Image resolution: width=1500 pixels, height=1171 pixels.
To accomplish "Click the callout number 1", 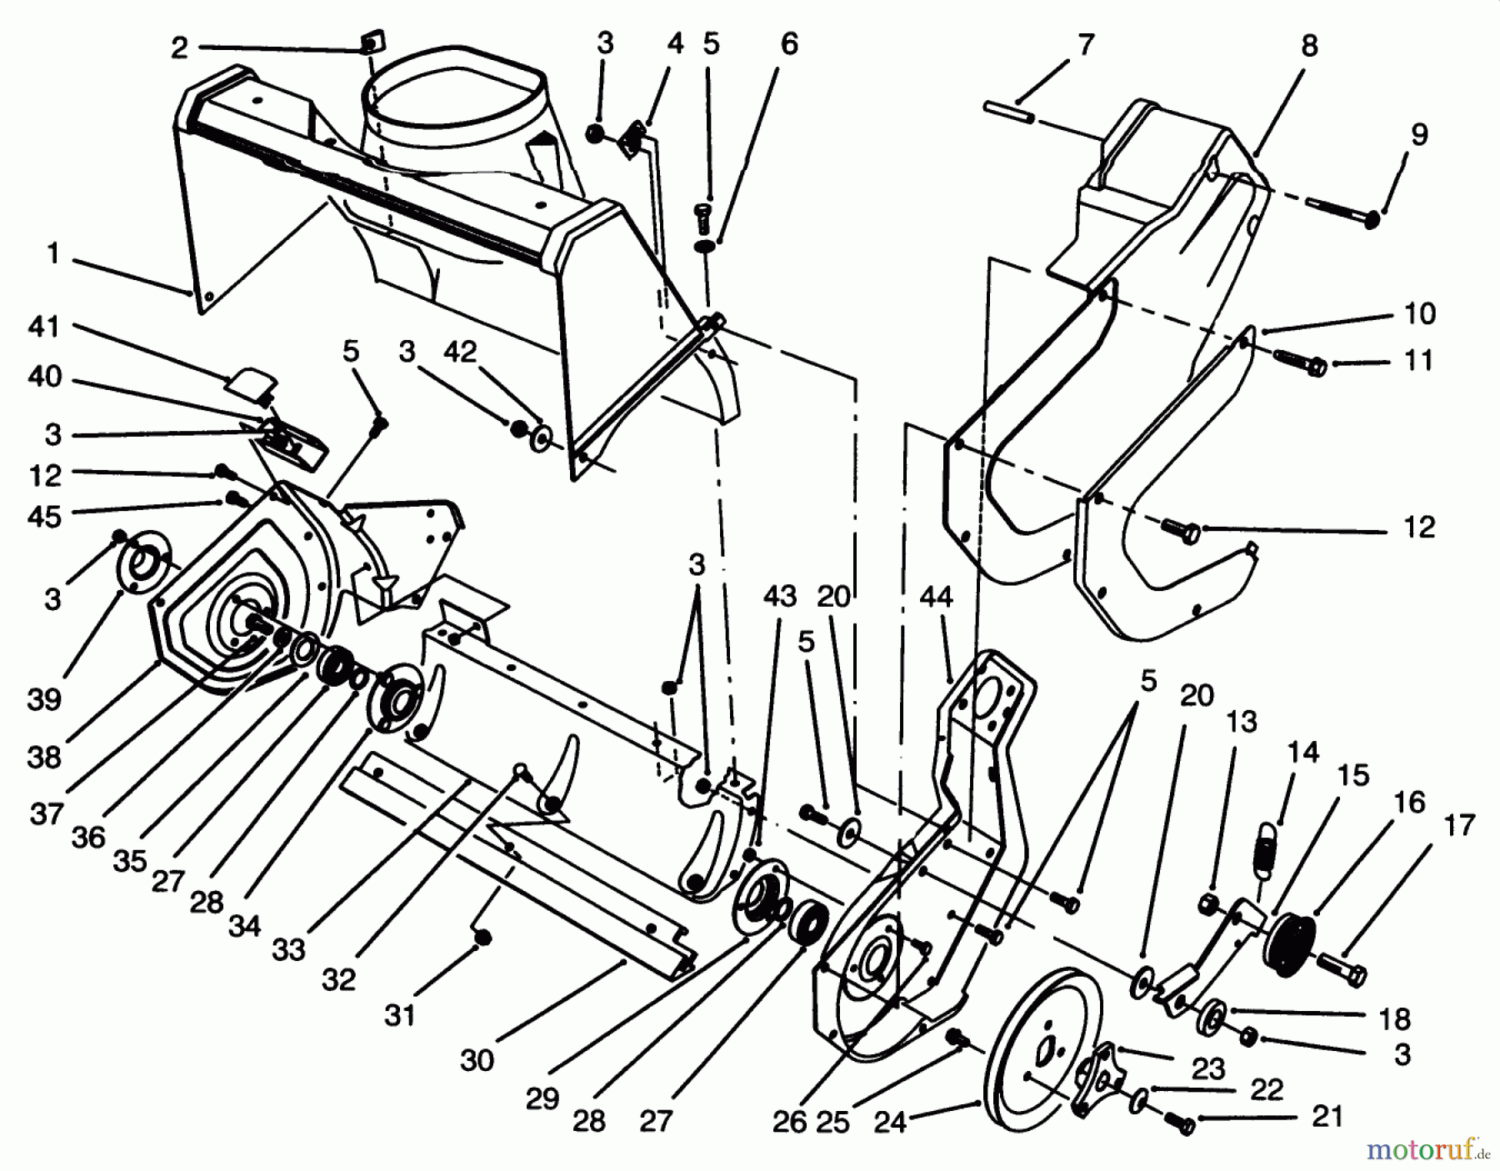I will [x=53, y=253].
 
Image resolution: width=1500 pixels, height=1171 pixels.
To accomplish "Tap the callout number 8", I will [x=1309, y=46].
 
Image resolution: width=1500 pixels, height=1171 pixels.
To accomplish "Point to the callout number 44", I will [x=937, y=597].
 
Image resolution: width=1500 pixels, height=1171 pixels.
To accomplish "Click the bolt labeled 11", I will [x=1298, y=363].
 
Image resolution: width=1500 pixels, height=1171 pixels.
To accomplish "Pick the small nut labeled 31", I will [x=481, y=939].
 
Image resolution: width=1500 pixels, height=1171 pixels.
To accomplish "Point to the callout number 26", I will [x=789, y=1121].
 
